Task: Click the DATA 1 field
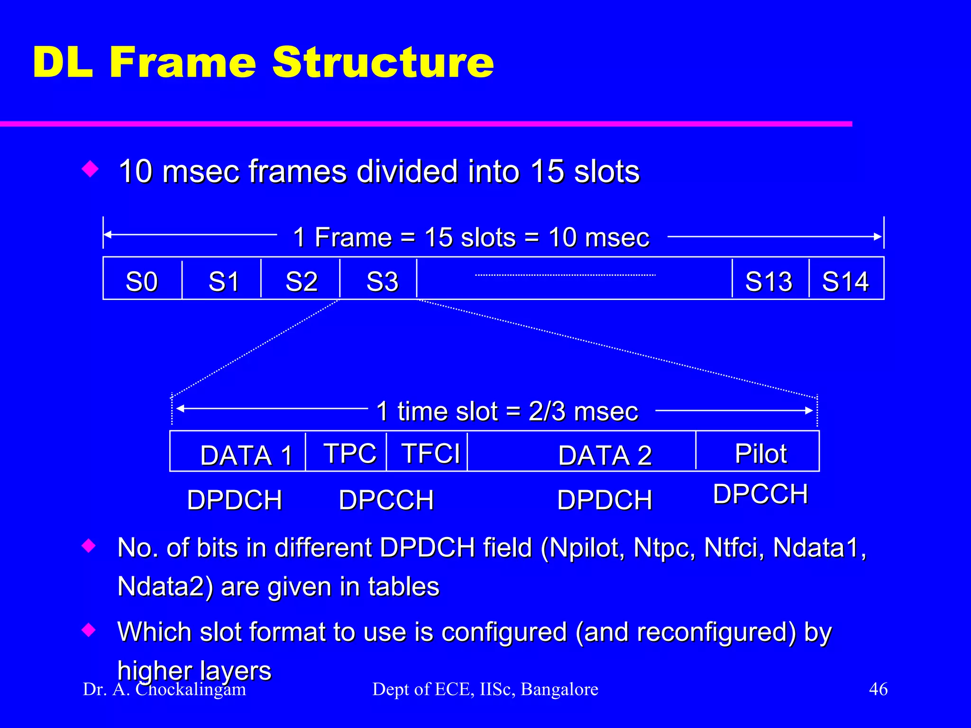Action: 246,455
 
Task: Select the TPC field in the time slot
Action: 350,453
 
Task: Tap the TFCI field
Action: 431,453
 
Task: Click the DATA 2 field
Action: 605,455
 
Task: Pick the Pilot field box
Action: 760,453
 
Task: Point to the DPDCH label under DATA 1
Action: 235,500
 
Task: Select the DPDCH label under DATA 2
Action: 605,500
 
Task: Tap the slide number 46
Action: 878,689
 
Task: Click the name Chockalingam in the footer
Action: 191,689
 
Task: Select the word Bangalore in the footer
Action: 559,689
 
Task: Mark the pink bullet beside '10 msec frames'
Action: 90,169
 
